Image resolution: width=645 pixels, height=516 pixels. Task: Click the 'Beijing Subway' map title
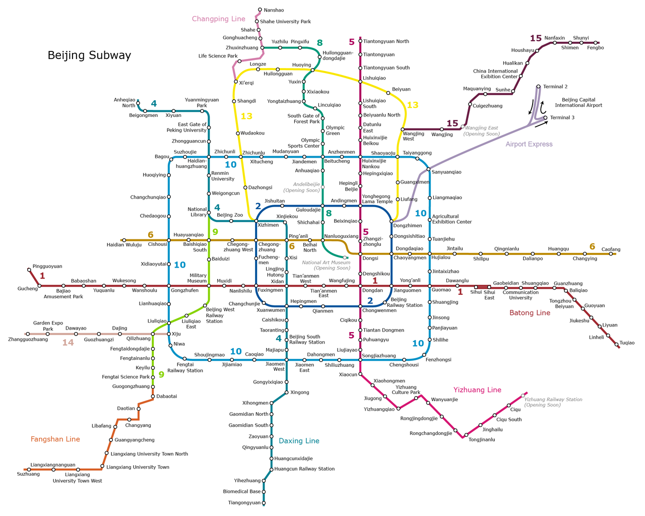click(89, 55)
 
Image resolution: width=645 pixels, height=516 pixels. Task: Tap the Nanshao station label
click(274, 10)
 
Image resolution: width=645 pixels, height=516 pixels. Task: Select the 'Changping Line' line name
click(219, 19)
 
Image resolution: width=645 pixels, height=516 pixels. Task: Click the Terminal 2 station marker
click(539, 87)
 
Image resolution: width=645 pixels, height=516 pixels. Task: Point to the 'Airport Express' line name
click(529, 144)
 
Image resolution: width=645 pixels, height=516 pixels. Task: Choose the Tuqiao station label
click(627, 343)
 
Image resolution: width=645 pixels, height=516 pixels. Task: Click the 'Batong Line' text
click(530, 313)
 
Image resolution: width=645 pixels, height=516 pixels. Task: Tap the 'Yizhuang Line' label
click(477, 390)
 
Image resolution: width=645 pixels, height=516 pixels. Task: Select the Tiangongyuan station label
click(244, 503)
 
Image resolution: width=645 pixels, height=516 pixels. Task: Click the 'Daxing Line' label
click(299, 441)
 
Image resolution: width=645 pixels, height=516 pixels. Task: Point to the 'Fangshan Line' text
click(55, 439)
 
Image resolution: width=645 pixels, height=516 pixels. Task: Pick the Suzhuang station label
click(28, 474)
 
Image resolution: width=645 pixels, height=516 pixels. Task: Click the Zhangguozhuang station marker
click(28, 334)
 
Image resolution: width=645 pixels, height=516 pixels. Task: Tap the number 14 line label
click(68, 343)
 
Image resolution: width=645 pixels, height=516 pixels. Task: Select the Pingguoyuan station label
click(47, 266)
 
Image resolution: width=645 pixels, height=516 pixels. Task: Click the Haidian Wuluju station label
click(124, 245)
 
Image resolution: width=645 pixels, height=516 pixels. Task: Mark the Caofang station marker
click(611, 253)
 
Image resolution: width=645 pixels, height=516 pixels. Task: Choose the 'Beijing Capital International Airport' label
click(578, 103)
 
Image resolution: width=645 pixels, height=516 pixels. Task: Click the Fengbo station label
click(596, 48)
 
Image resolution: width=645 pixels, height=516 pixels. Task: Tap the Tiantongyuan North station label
click(386, 41)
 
